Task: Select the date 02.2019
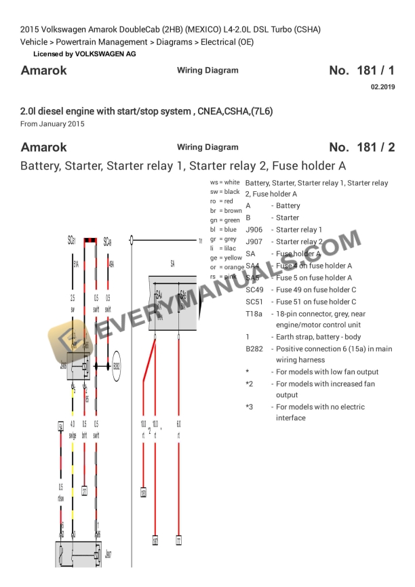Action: pyautogui.click(x=382, y=87)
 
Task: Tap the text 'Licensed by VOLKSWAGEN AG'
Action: pyautogui.click(x=84, y=54)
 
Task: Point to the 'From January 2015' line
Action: pyautogui.click(x=53, y=124)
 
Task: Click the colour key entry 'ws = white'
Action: pyautogui.click(x=224, y=182)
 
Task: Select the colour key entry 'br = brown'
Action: pyautogui.click(x=226, y=211)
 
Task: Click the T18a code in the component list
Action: pyautogui.click(x=254, y=314)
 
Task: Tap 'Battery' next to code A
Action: pyautogui.click(x=288, y=205)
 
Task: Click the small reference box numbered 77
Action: pyautogui.click(x=178, y=541)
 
